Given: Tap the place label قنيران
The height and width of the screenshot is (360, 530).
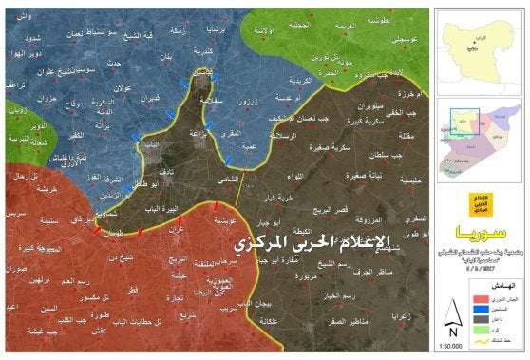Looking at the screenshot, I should tap(147, 98).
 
